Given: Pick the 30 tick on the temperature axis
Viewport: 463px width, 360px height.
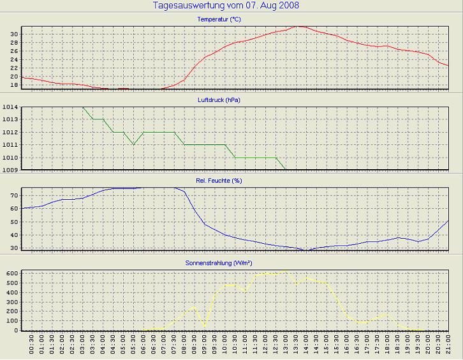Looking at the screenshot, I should click(13, 33).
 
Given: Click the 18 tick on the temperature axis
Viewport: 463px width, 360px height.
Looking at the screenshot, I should click(13, 84).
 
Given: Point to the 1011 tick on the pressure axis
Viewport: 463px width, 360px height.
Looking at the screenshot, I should click(10, 145).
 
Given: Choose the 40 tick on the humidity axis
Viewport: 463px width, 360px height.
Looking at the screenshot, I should click(13, 235).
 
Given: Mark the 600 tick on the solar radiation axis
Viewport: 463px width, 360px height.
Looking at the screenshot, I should click(11, 273).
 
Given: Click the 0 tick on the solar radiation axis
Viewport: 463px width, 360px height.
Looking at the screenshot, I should click(16, 330).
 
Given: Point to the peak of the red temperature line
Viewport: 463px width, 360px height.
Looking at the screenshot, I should click(297, 26).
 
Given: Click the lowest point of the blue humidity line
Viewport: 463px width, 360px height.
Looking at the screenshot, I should click(307, 250).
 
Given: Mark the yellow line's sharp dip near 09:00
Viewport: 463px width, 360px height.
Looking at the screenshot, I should click(204, 326).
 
